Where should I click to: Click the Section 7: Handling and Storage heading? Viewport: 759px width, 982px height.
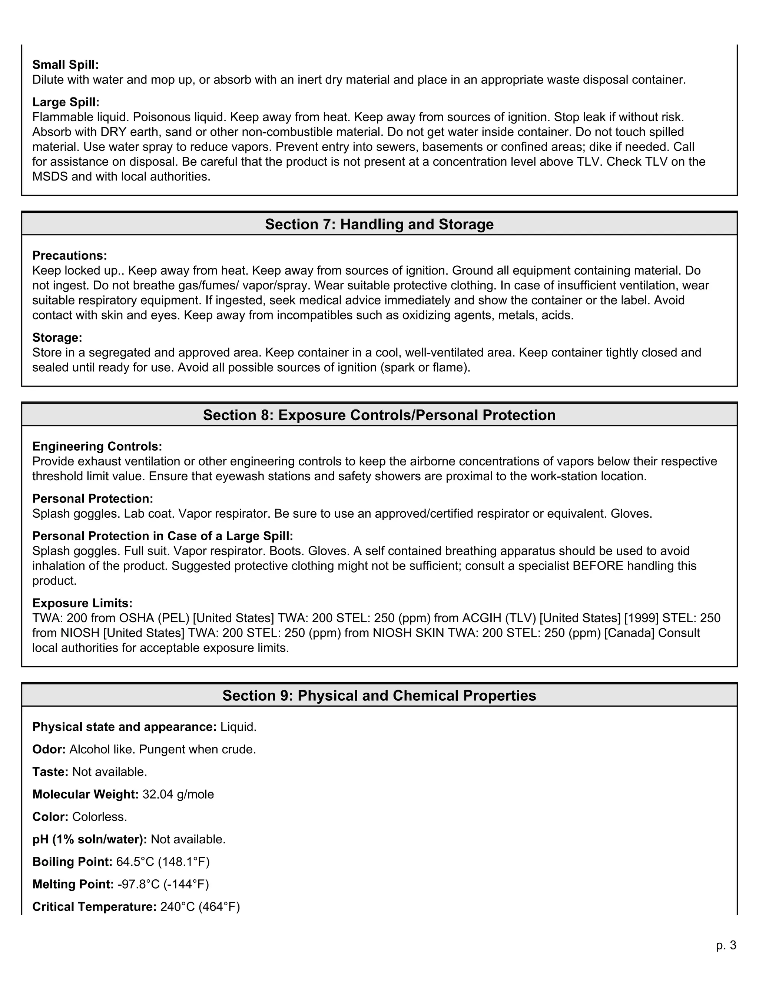(379, 224)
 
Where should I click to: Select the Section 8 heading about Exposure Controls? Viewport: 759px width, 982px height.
(379, 415)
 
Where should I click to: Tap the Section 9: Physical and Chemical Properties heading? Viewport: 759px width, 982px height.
(379, 695)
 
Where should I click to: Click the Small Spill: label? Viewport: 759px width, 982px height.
(65, 65)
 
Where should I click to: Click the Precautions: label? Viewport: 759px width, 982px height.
(70, 255)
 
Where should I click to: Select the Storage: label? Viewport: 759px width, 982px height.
(57, 337)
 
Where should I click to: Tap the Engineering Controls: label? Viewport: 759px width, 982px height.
(97, 446)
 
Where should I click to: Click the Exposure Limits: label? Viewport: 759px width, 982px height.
(82, 603)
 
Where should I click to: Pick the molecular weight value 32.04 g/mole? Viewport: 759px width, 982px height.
(178, 794)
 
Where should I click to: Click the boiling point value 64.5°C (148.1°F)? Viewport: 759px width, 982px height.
(163, 862)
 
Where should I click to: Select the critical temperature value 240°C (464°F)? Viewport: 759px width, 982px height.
(200, 906)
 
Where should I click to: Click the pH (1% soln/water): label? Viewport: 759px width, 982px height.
(89, 839)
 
